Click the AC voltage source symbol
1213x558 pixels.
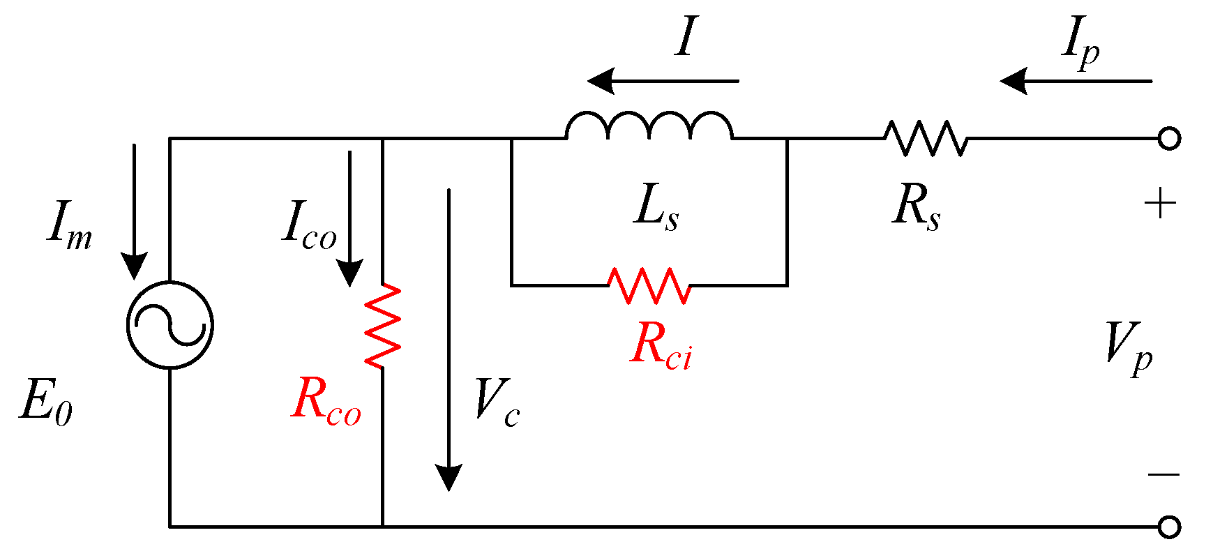click(x=169, y=325)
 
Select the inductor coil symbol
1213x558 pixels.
click(x=649, y=126)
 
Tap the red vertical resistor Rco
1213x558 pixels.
click(x=383, y=325)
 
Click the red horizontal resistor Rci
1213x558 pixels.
click(x=649, y=285)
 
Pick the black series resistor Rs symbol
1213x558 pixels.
click(x=926, y=138)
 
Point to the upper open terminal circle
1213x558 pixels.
click(x=1169, y=138)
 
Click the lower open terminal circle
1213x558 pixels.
click(x=1169, y=527)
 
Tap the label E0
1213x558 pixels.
click(x=46, y=402)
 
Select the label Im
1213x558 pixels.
click(x=69, y=225)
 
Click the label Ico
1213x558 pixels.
click(x=309, y=225)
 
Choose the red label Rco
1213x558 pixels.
click(x=326, y=400)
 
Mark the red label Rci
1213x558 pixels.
click(x=661, y=346)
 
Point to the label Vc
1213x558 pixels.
click(x=497, y=402)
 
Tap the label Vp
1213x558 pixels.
click(x=1129, y=346)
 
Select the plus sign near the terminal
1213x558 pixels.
click(x=1160, y=204)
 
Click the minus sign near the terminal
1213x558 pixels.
click(x=1163, y=475)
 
